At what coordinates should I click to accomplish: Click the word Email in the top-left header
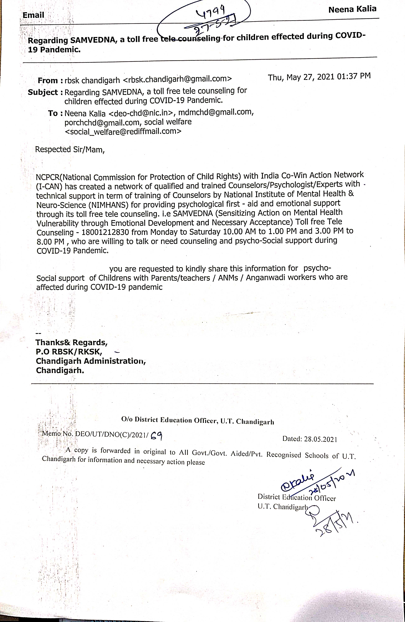(33, 15)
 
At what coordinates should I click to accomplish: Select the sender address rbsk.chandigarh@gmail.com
(177, 79)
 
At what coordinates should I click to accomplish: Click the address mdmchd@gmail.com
(216, 112)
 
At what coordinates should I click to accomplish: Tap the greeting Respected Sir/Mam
(70, 149)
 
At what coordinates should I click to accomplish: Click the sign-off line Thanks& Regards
(71, 342)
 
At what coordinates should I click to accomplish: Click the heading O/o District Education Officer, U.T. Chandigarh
(198, 420)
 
